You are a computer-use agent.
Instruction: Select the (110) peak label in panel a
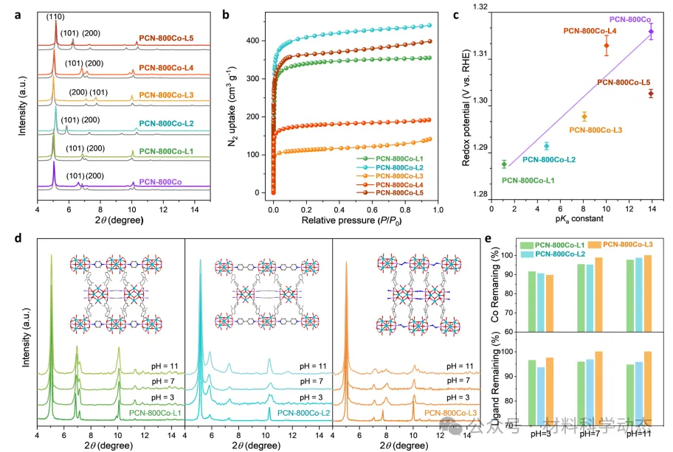coord(56,15)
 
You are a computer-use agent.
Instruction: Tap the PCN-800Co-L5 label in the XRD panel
coord(167,38)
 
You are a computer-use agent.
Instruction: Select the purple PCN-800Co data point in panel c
coord(651,31)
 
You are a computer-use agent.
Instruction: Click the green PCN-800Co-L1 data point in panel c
coord(504,164)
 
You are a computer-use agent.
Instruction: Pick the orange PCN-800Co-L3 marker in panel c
coord(584,117)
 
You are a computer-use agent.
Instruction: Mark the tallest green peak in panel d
coord(52,257)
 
